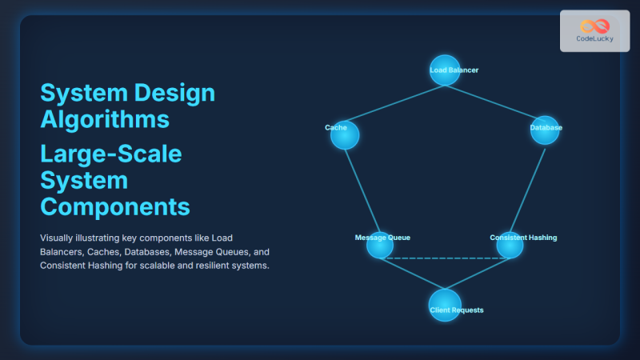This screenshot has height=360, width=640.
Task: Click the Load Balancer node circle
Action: coord(445,70)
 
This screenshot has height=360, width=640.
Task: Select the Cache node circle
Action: coord(345,135)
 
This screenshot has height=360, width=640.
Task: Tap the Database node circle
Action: coord(545,130)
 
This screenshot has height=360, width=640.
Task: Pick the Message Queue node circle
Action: coord(379,245)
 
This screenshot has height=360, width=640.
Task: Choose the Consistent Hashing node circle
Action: coord(510,245)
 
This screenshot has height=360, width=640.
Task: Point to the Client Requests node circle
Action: coord(445,305)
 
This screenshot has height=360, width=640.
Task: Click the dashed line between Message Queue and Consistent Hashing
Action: coord(445,258)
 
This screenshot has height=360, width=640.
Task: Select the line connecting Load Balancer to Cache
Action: coord(395,102)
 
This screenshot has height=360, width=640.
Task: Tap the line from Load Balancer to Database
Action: coord(495,100)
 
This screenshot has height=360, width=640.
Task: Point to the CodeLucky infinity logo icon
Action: coord(595,26)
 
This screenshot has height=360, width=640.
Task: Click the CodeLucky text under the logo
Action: coord(595,39)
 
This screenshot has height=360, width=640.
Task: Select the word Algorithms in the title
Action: coord(104,119)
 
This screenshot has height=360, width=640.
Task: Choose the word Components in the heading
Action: coord(115,206)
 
